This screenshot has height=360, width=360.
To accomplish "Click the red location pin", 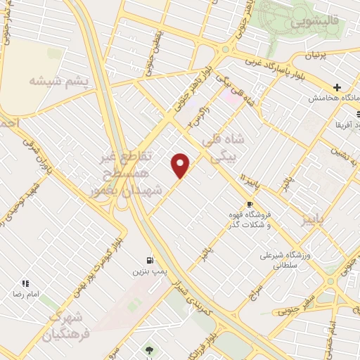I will pos(181,165).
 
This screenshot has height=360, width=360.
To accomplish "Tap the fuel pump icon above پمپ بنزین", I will pos(149,259).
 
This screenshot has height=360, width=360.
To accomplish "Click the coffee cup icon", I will pos(250,205).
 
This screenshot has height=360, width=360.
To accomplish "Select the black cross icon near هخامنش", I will pos(337,88).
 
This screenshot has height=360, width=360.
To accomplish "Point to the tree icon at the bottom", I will pos(148,349).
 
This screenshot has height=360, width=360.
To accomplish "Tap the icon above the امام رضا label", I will pos(25,283).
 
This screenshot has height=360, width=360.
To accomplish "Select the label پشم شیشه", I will pos(59,81).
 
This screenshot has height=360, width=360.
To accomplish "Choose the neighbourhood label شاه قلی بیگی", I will pos(224,148).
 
